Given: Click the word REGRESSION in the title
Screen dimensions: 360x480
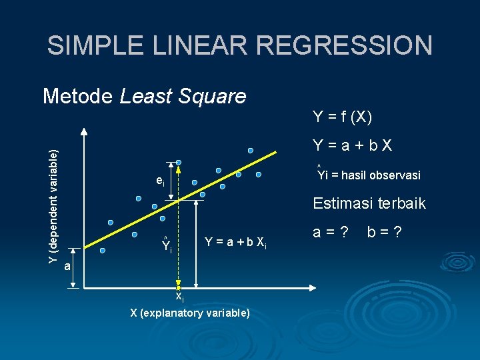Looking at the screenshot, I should pyautogui.click(x=345, y=45).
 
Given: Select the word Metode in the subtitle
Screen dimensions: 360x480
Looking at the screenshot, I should pyautogui.click(x=78, y=97).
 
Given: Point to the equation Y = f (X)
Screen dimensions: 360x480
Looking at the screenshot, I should pyautogui.click(x=343, y=117).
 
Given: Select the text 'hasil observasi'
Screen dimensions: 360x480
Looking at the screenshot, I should pyautogui.click(x=380, y=175).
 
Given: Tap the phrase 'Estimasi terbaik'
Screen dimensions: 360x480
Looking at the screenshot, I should pyautogui.click(x=369, y=203).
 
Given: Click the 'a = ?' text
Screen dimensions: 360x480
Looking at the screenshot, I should pyautogui.click(x=331, y=233).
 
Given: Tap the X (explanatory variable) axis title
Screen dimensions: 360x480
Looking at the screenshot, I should pyautogui.click(x=190, y=313).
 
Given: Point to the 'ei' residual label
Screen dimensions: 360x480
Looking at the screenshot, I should pyautogui.click(x=159, y=181).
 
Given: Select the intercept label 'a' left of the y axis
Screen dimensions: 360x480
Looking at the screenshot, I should pyautogui.click(x=67, y=267).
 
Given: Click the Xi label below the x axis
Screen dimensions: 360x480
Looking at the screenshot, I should pyautogui.click(x=179, y=297).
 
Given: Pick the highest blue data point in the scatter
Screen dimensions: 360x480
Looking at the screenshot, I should pyautogui.click(x=251, y=151).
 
